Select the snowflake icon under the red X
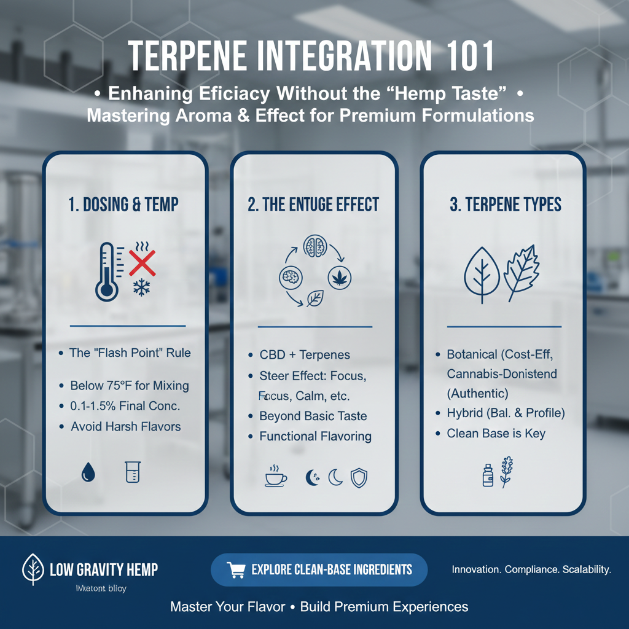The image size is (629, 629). coord(141,289)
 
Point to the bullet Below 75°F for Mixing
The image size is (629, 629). coord(129,386)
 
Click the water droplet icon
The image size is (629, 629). coord(87,471)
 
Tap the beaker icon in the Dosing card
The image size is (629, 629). coord(133,472)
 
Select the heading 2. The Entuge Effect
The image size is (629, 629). coord(313,205)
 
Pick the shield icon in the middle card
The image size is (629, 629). coord(359,477)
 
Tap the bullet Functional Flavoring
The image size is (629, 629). coord(315,437)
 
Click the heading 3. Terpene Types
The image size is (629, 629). coord(506,205)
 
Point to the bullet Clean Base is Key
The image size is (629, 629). coord(496,434)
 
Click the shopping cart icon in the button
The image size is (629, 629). coord(236,570)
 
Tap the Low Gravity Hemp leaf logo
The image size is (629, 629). coord(32,569)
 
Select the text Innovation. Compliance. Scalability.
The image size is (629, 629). coord(531,569)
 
